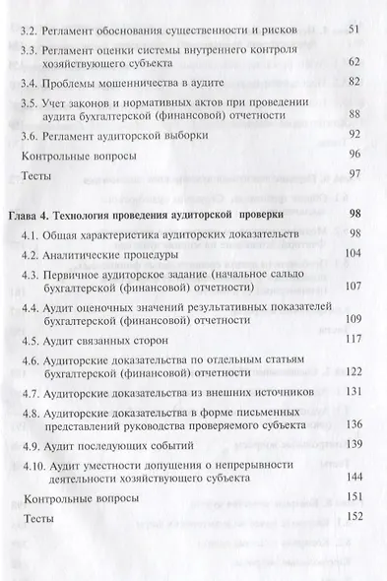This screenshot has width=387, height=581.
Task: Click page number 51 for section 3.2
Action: click(356, 30)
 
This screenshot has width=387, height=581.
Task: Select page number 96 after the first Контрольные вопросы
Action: click(356, 156)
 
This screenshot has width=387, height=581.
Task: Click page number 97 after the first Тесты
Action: click(356, 174)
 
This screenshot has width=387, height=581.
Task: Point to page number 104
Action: click(354, 252)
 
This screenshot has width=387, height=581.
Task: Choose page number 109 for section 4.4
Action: click(354, 321)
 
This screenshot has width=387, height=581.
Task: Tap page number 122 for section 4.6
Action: click(354, 374)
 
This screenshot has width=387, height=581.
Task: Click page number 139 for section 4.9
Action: click(354, 445)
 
